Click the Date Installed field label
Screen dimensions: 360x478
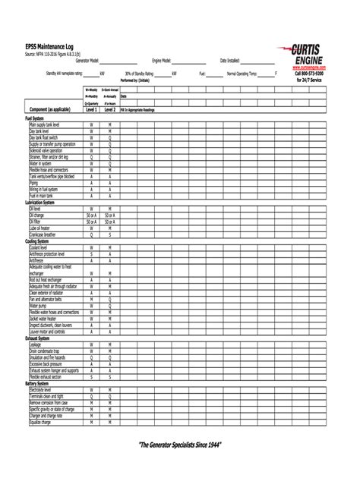229,60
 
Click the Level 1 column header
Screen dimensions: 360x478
91,110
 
